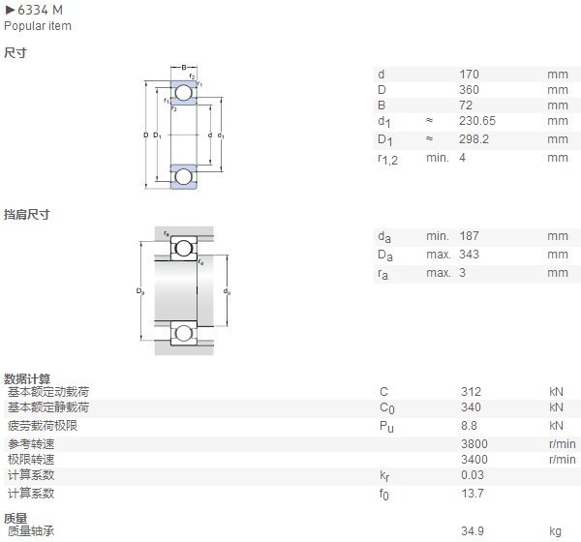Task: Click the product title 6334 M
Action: click(x=40, y=10)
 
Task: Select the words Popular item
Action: click(x=38, y=26)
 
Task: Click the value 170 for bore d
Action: click(x=469, y=75)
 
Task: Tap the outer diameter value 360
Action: click(x=469, y=90)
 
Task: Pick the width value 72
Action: click(x=466, y=105)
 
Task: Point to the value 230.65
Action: click(x=477, y=121)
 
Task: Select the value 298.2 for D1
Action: click(x=474, y=139)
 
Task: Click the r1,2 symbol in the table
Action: click(x=387, y=160)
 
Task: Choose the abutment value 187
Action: click(x=469, y=236)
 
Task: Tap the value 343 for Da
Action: click(x=469, y=255)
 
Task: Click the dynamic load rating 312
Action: click(x=471, y=392)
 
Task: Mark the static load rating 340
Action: click(x=471, y=407)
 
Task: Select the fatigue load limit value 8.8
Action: click(x=469, y=426)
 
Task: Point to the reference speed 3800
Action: click(x=474, y=444)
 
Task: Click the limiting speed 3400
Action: click(x=474, y=460)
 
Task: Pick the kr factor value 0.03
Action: click(x=473, y=475)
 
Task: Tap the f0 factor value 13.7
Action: click(x=473, y=494)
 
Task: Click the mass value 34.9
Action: click(x=473, y=531)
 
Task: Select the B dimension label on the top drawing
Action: click(x=184, y=68)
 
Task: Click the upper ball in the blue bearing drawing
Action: click(x=183, y=93)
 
